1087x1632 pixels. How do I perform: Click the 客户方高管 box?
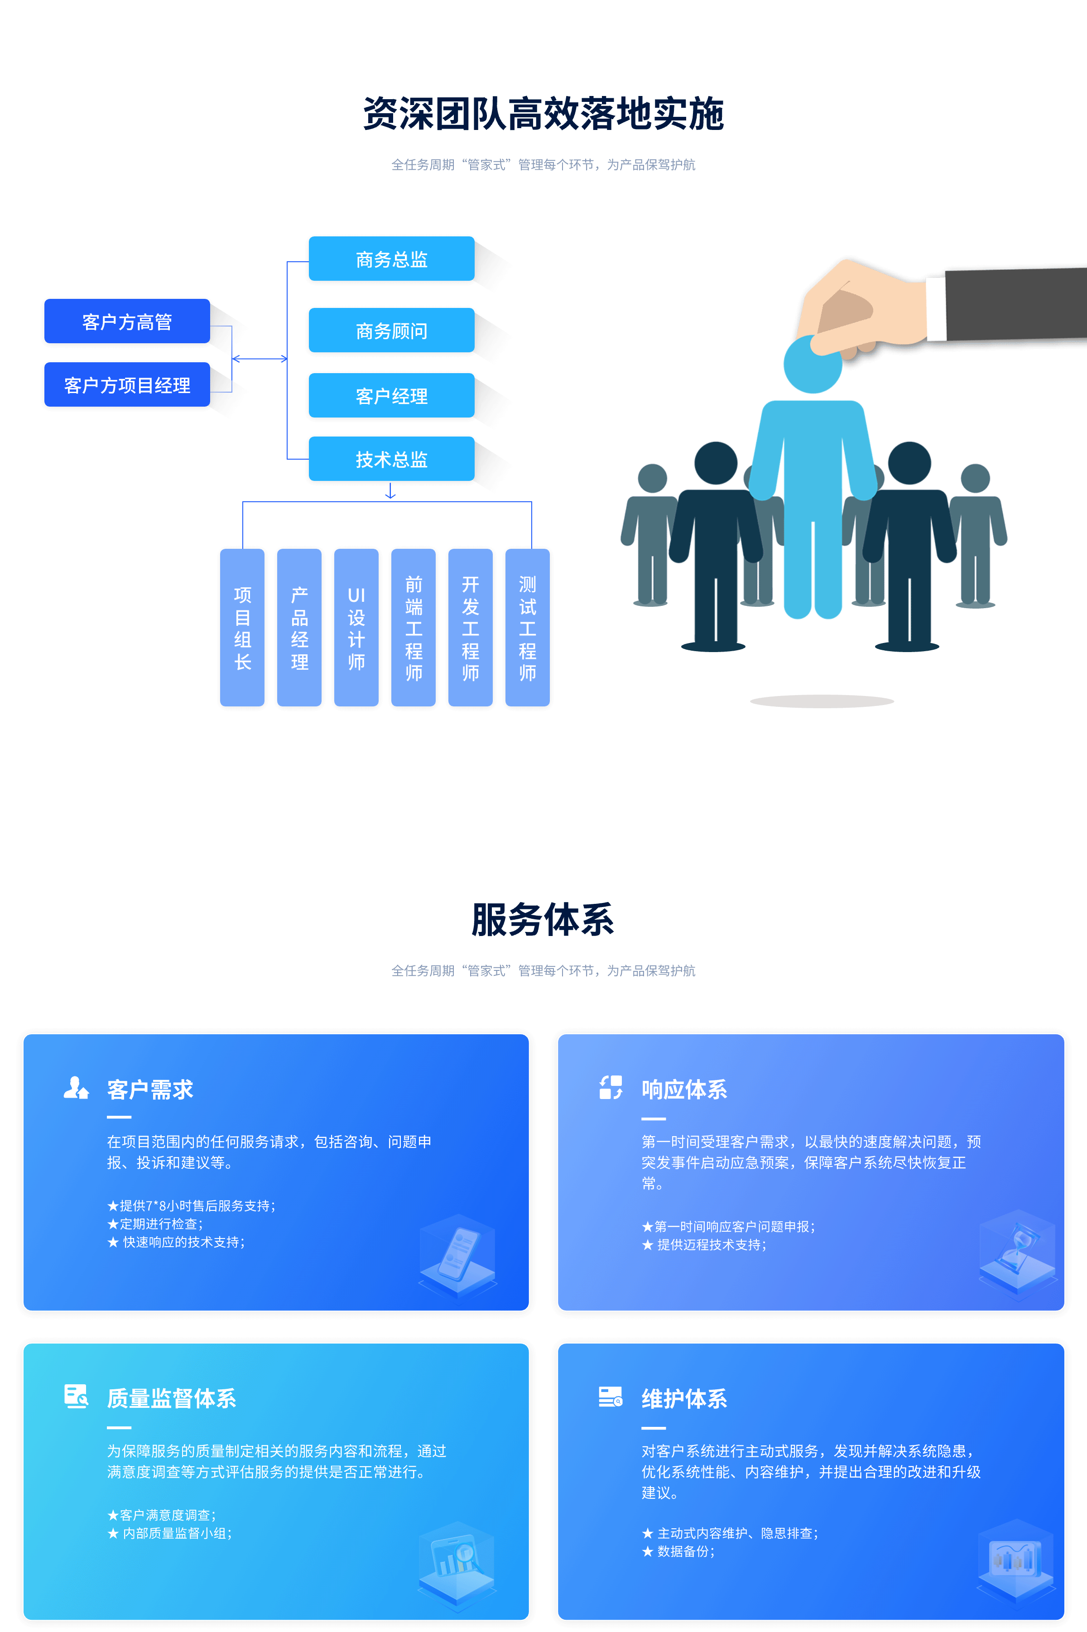pos(127,321)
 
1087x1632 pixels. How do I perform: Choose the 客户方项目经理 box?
pos(127,384)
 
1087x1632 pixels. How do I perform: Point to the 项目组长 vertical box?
pos(242,627)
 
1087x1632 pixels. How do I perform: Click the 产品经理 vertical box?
pos(299,627)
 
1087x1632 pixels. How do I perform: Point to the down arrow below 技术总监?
pos(390,491)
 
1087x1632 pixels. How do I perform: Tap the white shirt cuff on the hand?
pos(936,308)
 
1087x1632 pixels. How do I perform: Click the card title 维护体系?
pos(683,1398)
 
